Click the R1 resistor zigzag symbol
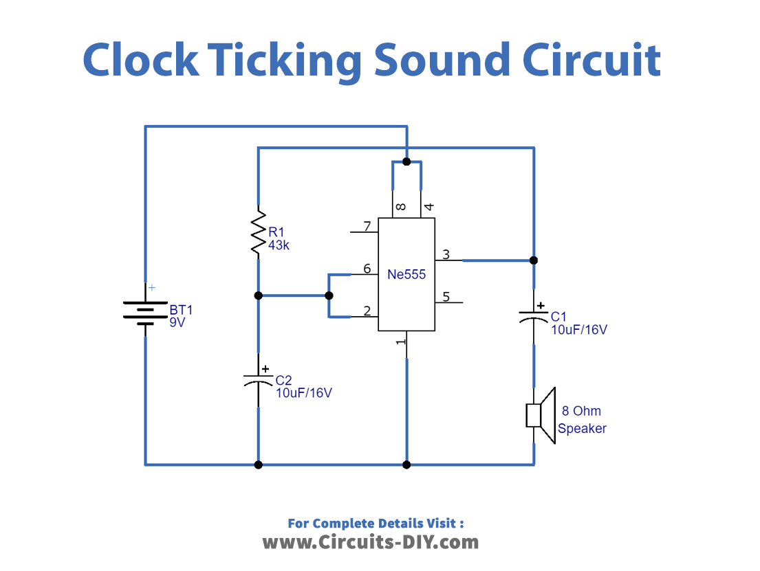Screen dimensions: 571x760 pyautogui.click(x=259, y=234)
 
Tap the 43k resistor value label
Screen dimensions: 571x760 pyautogui.click(x=279, y=245)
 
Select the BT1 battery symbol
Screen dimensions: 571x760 pyautogui.click(x=145, y=311)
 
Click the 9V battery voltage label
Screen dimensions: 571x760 pyautogui.click(x=177, y=322)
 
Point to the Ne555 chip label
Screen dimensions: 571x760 pyautogui.click(x=406, y=275)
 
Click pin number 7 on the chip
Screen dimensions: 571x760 pyautogui.click(x=367, y=226)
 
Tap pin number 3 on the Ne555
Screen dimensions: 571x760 pyautogui.click(x=446, y=255)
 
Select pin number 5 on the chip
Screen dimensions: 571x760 pyautogui.click(x=446, y=297)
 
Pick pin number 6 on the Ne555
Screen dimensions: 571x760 pyautogui.click(x=367, y=269)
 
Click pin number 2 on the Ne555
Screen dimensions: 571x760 pyautogui.click(x=367, y=311)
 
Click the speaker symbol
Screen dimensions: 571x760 pyautogui.click(x=540, y=416)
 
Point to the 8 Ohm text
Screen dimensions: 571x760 pyautogui.click(x=581, y=411)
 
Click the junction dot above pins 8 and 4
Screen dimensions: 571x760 pyautogui.click(x=406, y=161)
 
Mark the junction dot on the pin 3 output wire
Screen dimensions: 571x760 pyautogui.click(x=534, y=260)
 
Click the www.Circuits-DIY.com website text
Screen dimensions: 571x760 pyautogui.click(x=370, y=541)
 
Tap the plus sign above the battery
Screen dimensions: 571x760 pyautogui.click(x=152, y=288)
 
